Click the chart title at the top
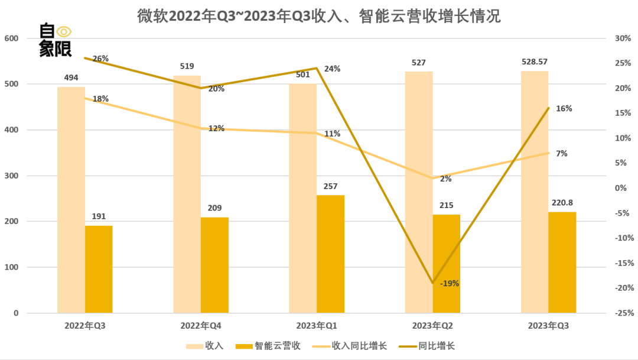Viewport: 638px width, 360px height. pyautogui.click(x=319, y=16)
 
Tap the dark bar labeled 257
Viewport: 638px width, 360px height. pyautogui.click(x=330, y=254)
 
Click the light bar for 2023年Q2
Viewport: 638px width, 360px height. pyautogui.click(x=418, y=192)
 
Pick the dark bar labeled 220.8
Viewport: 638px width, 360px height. pyautogui.click(x=562, y=262)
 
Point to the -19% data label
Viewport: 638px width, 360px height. pyautogui.click(x=450, y=283)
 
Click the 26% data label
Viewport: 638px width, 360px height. pyautogui.click(x=100, y=59)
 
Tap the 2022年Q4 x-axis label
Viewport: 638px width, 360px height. pyautogui.click(x=201, y=326)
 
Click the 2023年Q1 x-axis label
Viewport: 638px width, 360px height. pyautogui.click(x=317, y=326)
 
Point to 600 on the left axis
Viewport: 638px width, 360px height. pyautogui.click(x=12, y=38)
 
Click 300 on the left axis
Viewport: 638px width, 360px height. pyautogui.click(x=12, y=176)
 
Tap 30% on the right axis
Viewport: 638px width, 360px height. pyautogui.click(x=623, y=38)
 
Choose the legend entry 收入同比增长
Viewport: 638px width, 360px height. pyautogui.click(x=359, y=346)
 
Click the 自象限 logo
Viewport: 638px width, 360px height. pyautogui.click(x=55, y=40)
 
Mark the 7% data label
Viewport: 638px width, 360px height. pyautogui.click(x=562, y=154)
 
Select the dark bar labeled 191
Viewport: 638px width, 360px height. pyautogui.click(x=99, y=270)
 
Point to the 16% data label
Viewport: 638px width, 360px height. pyautogui.click(x=564, y=109)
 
